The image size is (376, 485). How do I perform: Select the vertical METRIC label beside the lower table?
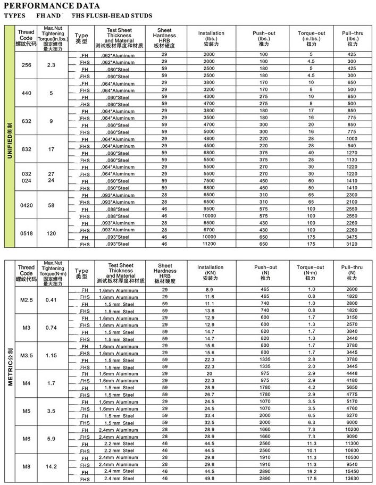(x=10, y=367)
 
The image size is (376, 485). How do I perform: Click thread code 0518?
(x=26, y=233)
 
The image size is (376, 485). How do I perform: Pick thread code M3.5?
(x=26, y=355)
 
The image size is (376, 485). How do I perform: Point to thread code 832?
(x=26, y=149)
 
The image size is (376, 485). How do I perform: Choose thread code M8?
(x=26, y=466)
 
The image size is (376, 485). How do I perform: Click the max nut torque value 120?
(x=51, y=233)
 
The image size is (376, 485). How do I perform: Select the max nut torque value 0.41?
(x=51, y=300)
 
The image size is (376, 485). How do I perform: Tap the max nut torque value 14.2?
(x=51, y=466)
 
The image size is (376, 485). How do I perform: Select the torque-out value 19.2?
(x=311, y=471)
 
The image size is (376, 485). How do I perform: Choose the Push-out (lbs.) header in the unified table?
(x=264, y=38)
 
